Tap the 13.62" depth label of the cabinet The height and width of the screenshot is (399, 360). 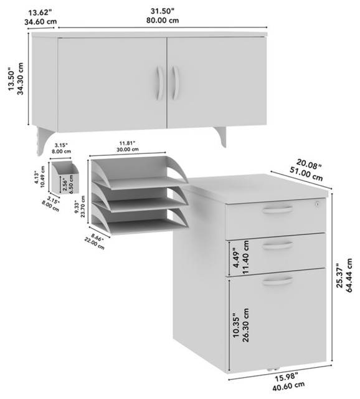pos(38,14)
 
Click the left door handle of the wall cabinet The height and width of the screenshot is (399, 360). pos(160,84)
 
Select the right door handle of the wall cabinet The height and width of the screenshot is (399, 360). pos(176,84)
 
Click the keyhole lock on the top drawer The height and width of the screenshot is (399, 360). pos(317,204)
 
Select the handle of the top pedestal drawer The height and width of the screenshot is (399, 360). pos(276,211)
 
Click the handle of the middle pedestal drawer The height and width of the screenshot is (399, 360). pos(276,245)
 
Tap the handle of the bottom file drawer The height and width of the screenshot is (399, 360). pos(276,282)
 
